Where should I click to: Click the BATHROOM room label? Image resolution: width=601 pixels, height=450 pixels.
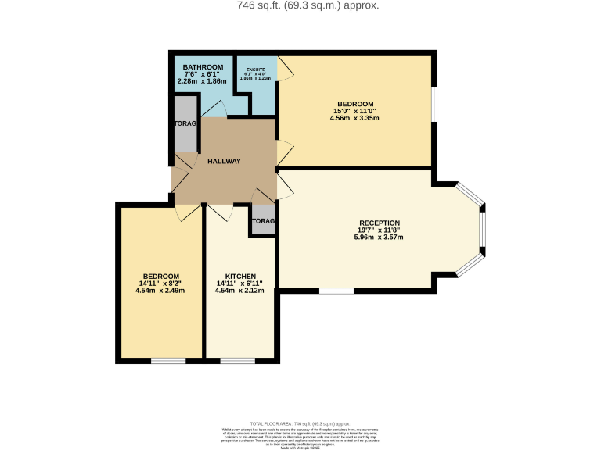point(202,68)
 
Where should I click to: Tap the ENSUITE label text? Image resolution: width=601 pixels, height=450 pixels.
point(256,70)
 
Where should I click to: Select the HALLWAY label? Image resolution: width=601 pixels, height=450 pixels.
point(224,162)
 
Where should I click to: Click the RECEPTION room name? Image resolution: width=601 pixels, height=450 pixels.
point(380,223)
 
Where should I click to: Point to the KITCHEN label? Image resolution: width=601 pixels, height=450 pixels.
point(239,277)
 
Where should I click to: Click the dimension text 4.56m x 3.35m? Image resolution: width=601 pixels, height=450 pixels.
point(355,119)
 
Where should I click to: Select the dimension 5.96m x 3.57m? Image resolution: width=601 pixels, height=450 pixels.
point(380,237)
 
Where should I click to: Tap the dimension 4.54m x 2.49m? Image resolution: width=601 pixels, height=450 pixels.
point(160,291)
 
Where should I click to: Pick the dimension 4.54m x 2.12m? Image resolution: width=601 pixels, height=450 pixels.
point(239,291)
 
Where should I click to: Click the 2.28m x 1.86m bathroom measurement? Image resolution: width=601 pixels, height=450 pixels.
point(202,81)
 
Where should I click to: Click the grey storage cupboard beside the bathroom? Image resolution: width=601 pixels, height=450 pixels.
point(185,123)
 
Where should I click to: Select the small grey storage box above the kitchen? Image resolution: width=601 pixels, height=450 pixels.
point(263,220)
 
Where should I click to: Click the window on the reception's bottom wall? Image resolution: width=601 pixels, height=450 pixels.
point(336,291)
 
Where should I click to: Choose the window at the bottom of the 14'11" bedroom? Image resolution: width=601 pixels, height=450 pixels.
point(168,361)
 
